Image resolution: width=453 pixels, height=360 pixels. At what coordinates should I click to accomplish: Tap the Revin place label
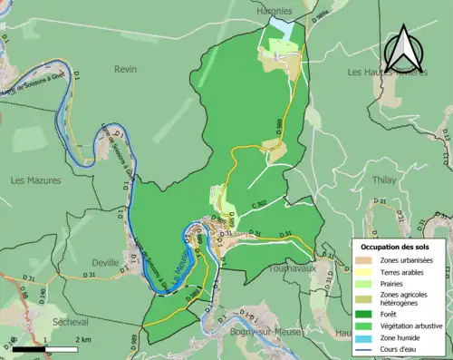(x=126, y=69)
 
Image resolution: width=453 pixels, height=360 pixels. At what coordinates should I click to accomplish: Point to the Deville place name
(x=105, y=262)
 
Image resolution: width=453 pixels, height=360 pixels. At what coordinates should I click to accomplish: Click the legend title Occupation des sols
(x=396, y=247)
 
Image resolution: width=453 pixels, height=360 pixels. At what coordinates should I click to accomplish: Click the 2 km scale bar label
(x=82, y=339)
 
